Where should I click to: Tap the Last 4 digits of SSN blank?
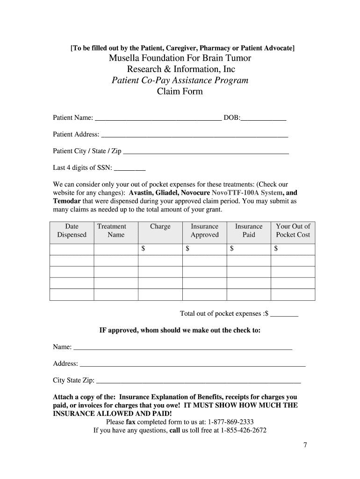130,168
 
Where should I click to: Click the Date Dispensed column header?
72,231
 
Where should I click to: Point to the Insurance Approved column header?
204,231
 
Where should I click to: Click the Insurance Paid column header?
248,231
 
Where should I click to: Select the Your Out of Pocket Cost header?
293,231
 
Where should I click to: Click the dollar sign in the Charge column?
144,249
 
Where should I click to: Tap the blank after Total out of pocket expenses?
284,314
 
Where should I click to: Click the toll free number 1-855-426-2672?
243,430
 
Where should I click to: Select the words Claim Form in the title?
180,92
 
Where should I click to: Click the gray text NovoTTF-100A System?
247,193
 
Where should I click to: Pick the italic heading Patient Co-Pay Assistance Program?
180,80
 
